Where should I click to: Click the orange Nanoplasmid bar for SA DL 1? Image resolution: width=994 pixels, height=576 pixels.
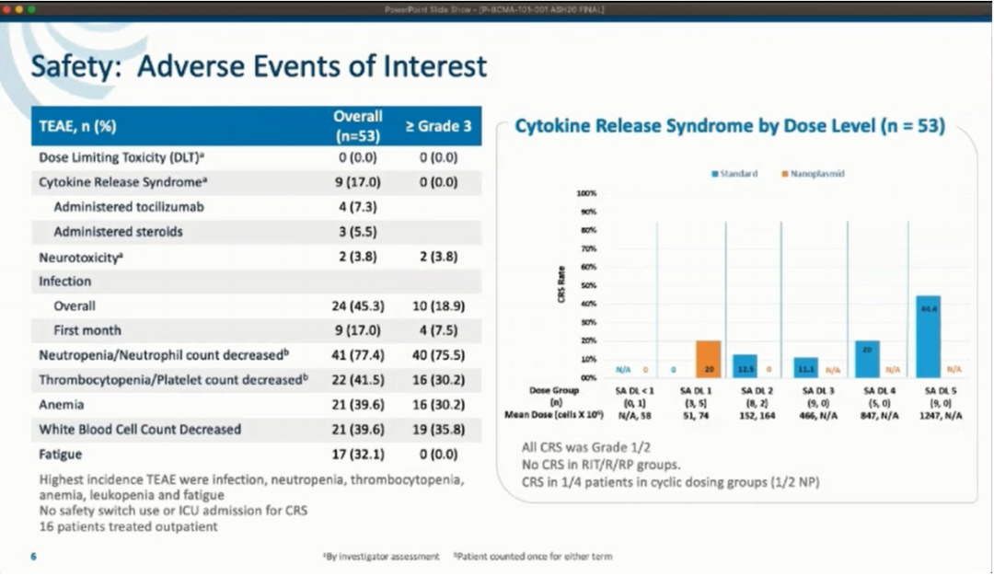pos(708,359)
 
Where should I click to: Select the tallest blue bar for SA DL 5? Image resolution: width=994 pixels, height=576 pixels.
pos(928,337)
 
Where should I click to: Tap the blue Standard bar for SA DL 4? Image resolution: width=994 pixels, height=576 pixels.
pos(867,359)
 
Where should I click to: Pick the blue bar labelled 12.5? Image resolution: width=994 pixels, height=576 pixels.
pos(745,366)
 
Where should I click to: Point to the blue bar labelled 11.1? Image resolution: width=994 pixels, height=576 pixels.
pos(805,367)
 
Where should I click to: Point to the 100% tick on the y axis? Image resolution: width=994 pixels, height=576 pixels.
pos(587,193)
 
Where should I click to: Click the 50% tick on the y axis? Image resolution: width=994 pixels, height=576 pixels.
pos(587,285)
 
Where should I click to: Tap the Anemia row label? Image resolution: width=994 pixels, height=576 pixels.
pos(62,405)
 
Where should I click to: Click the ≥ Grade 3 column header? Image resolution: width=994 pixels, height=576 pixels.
pos(438,126)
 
